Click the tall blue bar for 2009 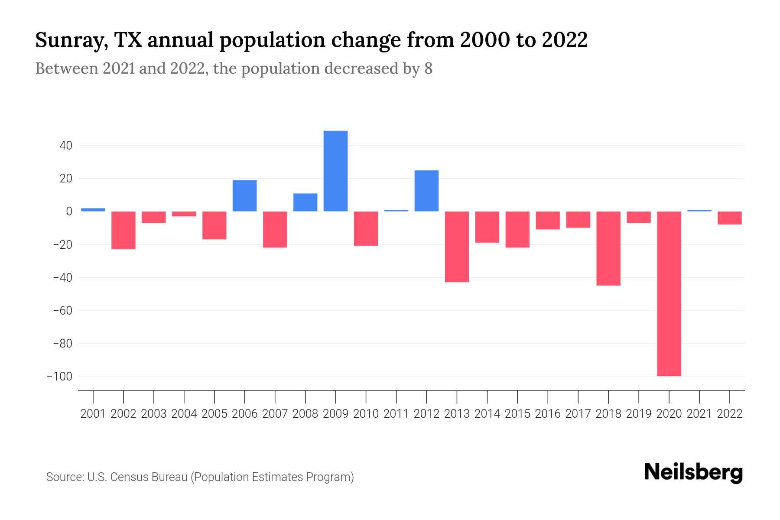335,171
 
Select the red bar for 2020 669,293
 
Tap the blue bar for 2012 426,191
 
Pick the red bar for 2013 457,247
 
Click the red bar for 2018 608,248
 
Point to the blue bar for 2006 244,196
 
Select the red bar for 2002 123,230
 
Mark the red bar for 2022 729,218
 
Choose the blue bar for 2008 305,202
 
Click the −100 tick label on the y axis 59,377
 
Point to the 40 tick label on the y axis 66,146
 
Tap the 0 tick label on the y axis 68,211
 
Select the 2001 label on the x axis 93,414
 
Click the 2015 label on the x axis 517,414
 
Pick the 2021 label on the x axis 699,414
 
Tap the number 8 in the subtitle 428,69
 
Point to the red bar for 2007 275,230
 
